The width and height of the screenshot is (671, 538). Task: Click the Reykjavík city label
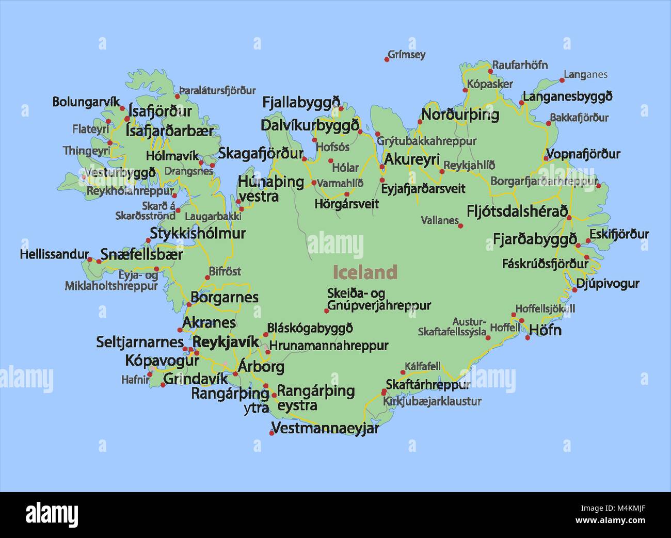pyautogui.click(x=226, y=341)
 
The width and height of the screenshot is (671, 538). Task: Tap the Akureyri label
pyautogui.click(x=412, y=159)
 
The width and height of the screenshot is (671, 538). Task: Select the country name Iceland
pyautogui.click(x=365, y=272)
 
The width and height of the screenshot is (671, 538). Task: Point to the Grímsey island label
pyautogui.click(x=407, y=54)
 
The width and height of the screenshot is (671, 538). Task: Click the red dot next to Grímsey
pyautogui.click(x=387, y=60)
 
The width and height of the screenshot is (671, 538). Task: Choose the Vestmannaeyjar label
pyautogui.click(x=325, y=428)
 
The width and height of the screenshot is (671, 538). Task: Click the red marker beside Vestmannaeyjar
pyautogui.click(x=271, y=433)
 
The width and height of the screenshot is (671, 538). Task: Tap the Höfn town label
pyautogui.click(x=545, y=330)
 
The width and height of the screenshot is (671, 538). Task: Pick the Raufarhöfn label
pyautogui.click(x=520, y=65)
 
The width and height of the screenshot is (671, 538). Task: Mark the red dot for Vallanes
pyautogui.click(x=460, y=226)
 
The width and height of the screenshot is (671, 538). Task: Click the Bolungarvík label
pyautogui.click(x=86, y=102)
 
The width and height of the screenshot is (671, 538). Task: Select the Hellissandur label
pyautogui.click(x=54, y=254)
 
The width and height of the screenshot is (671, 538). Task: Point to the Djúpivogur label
pyautogui.click(x=608, y=283)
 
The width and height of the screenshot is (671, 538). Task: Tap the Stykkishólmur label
pyautogui.click(x=198, y=233)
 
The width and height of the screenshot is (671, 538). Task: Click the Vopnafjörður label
pyautogui.click(x=583, y=154)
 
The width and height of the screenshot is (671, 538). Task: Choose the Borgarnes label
pyautogui.click(x=225, y=297)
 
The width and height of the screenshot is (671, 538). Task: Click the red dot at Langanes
pyautogui.click(x=562, y=80)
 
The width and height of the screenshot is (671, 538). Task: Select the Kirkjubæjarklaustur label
pyautogui.click(x=432, y=401)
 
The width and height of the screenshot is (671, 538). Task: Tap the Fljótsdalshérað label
pyautogui.click(x=517, y=211)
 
